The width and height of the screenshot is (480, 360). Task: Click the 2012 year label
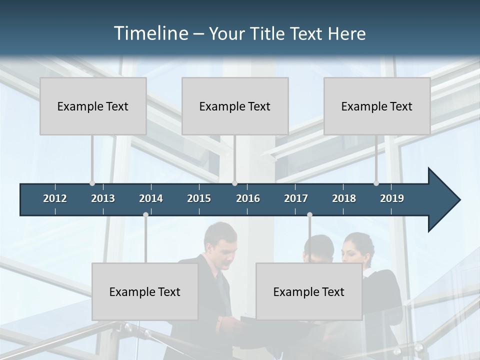coord(55,198)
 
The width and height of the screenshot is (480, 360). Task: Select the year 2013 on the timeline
coord(103,198)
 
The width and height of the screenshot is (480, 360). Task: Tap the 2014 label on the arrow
coord(151,198)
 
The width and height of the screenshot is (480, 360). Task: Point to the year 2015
coord(199,198)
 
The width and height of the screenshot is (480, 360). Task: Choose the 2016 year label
coord(248,198)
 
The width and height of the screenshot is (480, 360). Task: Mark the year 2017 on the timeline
coord(296,198)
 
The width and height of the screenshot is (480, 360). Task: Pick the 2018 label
coord(344,198)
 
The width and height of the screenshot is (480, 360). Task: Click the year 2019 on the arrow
coord(392,198)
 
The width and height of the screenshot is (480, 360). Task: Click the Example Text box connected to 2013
coord(93,106)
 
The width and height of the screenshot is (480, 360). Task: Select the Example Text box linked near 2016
coord(235,106)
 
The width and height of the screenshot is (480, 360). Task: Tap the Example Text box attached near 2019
coord(377,106)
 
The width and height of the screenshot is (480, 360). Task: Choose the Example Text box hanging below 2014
coord(145,291)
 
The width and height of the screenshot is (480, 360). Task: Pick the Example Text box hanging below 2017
coord(309,291)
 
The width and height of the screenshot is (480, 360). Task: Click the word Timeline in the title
coord(150,33)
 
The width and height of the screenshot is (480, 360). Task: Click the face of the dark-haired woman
coord(356,250)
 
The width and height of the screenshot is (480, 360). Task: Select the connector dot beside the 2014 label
coord(145,214)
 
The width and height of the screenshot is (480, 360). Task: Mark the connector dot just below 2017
coord(309,214)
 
